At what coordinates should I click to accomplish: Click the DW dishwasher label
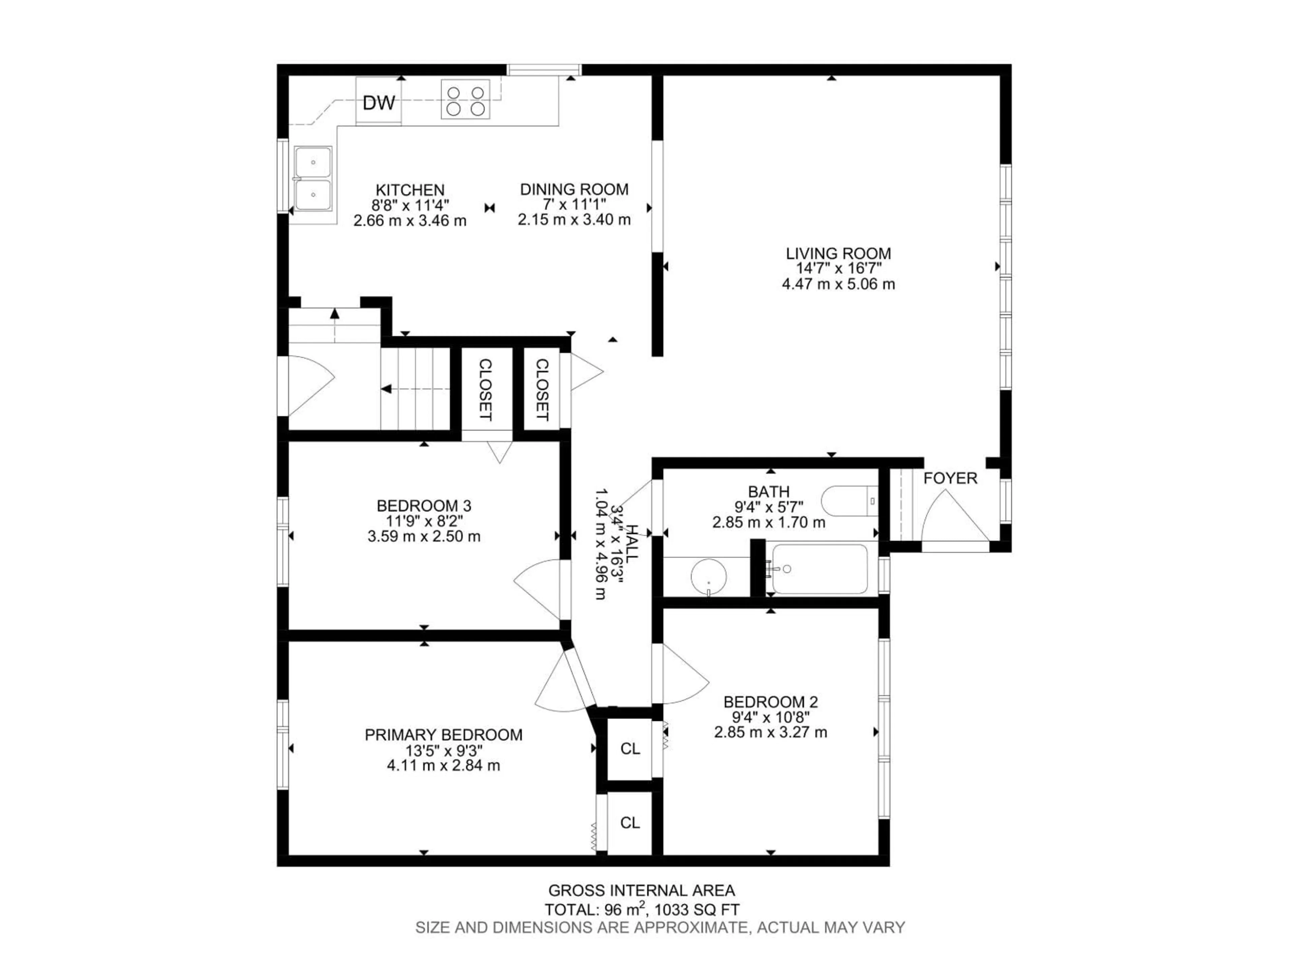click(379, 103)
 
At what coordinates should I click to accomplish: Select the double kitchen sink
click(313, 178)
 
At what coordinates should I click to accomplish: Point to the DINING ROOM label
click(574, 189)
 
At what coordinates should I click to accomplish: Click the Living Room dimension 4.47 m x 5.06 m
click(838, 285)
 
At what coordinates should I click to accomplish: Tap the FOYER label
click(950, 478)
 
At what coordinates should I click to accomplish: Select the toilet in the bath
click(848, 502)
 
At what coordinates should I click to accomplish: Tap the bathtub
click(819, 569)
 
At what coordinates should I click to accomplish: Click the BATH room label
click(769, 492)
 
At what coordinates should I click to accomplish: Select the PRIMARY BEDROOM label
click(443, 735)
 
